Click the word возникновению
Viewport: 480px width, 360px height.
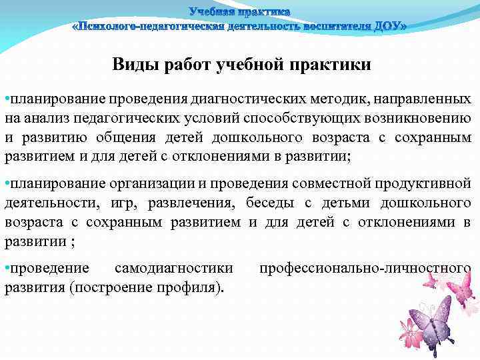[x=420, y=119]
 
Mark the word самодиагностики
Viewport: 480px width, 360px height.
[x=174, y=268]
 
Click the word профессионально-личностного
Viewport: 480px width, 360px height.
[x=365, y=268]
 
